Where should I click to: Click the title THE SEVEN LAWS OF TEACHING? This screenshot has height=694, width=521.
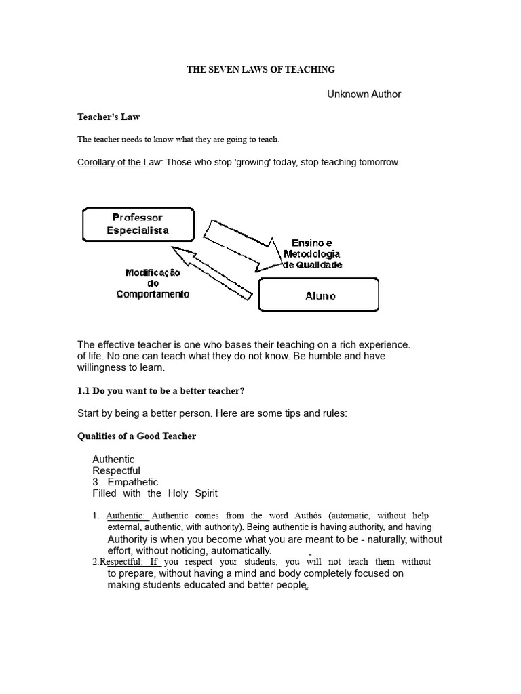tap(260, 70)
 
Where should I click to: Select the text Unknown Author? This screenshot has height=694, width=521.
tap(364, 94)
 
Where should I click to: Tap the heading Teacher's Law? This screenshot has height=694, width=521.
tap(109, 117)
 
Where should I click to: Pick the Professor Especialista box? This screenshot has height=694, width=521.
tap(138, 224)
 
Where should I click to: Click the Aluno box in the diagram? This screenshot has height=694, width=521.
tap(319, 295)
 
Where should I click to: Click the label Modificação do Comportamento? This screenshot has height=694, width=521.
tap(153, 283)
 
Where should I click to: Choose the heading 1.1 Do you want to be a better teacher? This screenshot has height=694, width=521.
tap(161, 392)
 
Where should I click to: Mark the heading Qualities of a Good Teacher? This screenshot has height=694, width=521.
tap(136, 436)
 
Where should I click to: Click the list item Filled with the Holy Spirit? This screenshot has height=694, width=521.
tap(155, 493)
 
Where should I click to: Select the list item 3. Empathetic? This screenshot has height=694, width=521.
tap(125, 482)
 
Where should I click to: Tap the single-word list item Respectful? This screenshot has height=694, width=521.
tap(116, 470)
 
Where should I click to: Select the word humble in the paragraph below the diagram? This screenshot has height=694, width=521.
tap(324, 356)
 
